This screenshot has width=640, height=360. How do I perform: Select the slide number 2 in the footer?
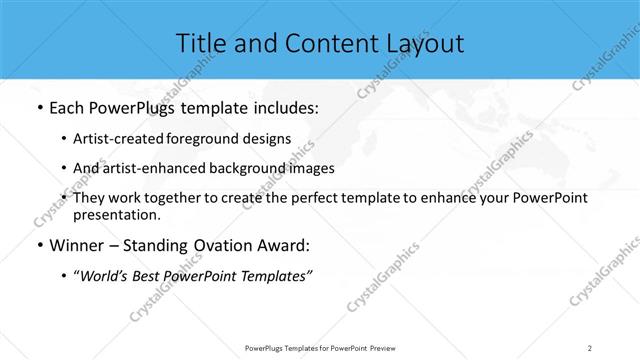(590, 347)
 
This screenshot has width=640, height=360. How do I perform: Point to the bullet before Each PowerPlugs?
(38, 106)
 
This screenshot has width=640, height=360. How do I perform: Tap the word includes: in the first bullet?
(282, 106)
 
